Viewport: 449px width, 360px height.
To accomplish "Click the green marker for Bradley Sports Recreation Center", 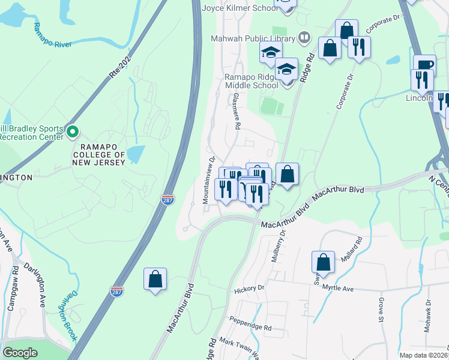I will click(x=72, y=130).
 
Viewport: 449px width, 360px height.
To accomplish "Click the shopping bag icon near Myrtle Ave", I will click(x=323, y=262).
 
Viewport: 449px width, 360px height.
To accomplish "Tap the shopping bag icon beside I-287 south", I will click(x=155, y=279).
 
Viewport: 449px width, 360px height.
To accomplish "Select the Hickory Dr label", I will click(x=249, y=289).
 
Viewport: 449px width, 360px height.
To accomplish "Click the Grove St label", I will click(x=381, y=310).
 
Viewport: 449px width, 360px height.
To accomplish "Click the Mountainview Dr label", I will click(x=208, y=180).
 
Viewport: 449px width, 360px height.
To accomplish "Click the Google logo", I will click(x=20, y=352).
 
